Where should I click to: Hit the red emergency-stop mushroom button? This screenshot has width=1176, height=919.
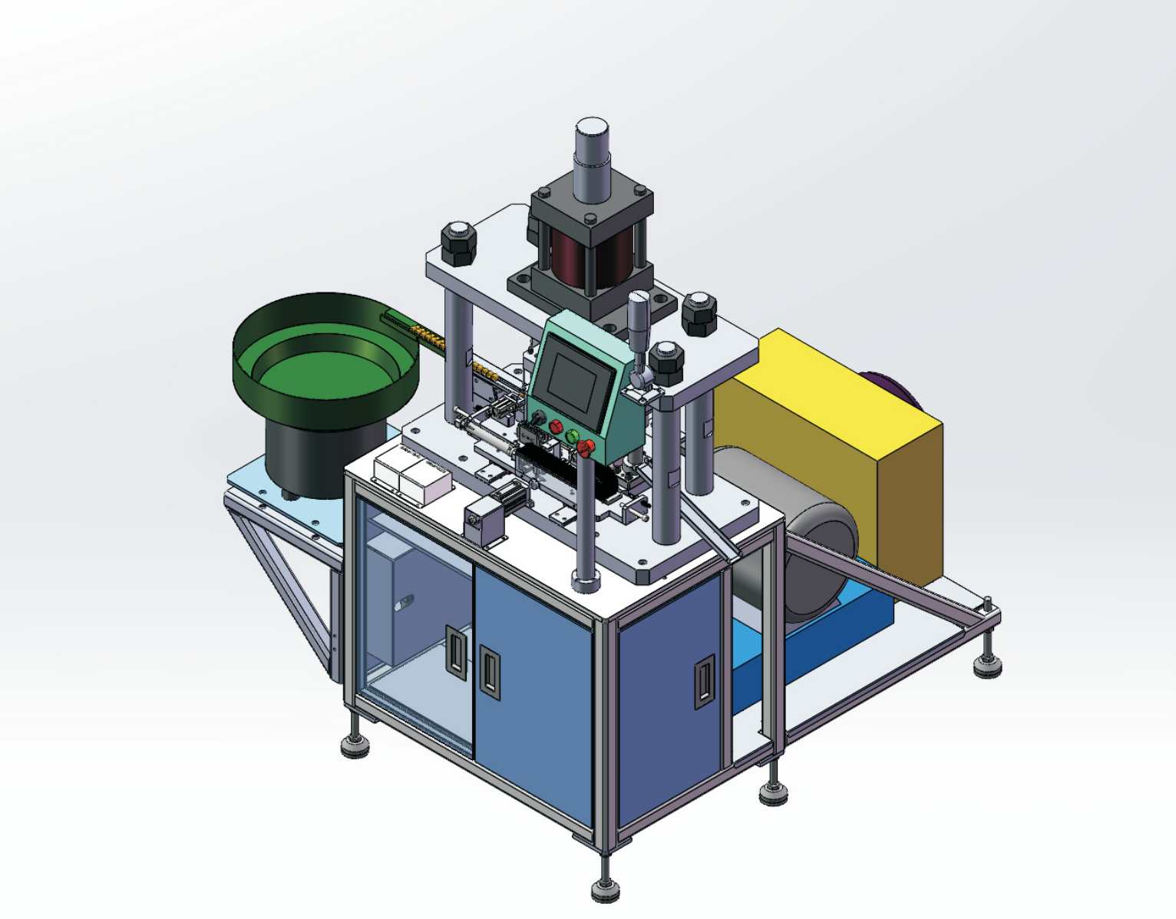coord(586,448)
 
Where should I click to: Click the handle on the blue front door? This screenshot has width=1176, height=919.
coord(489,671)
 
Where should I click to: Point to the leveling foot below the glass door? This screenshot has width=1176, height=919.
coord(355,743)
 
